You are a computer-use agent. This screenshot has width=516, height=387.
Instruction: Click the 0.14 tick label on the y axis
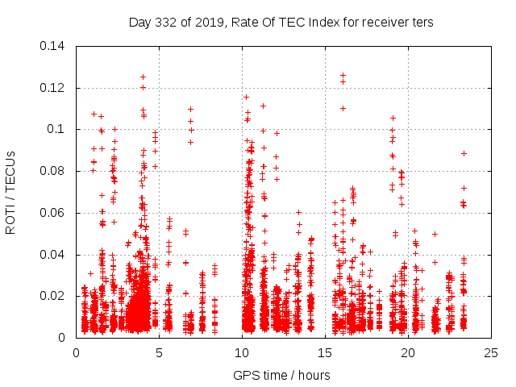55,45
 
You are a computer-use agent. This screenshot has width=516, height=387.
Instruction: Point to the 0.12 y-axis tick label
55,87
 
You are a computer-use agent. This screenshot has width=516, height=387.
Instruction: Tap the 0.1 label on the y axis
59,129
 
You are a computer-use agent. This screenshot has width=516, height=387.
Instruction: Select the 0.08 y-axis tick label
55,171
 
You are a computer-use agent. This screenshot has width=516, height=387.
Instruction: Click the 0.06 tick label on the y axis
55,213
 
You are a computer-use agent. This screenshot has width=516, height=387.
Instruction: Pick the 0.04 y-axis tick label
55,255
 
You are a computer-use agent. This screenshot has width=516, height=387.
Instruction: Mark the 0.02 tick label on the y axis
55,296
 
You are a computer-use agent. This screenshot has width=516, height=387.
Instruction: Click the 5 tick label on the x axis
159,353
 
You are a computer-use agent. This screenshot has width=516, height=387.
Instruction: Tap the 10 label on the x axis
242,353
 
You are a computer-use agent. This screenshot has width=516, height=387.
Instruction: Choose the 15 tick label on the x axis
325,353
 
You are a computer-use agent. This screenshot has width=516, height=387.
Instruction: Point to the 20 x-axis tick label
408,353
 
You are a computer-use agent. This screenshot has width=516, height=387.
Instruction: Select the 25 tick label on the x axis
491,353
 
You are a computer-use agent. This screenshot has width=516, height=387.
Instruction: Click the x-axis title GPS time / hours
282,375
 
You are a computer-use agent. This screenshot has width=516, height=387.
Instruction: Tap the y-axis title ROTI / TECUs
11,192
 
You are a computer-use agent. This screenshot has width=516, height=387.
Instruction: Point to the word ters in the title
422,22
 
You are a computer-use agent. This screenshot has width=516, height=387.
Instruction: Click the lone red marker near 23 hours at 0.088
464,153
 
